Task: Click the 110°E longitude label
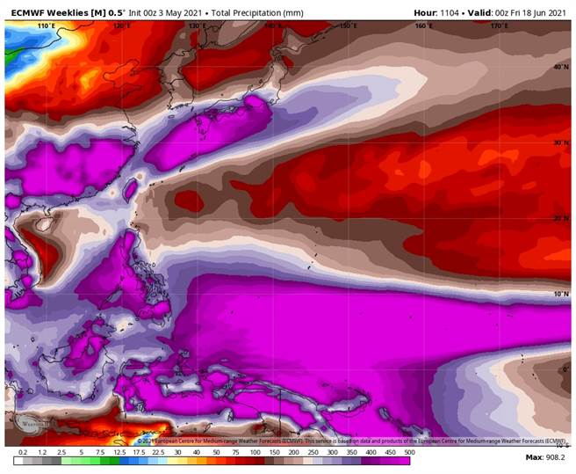[46, 26]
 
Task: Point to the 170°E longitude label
[500, 26]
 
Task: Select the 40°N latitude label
[559, 67]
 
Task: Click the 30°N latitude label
[559, 142]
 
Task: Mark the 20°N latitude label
[559, 217]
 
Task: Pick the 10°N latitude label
[559, 294]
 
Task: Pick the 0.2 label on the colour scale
[23, 461]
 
